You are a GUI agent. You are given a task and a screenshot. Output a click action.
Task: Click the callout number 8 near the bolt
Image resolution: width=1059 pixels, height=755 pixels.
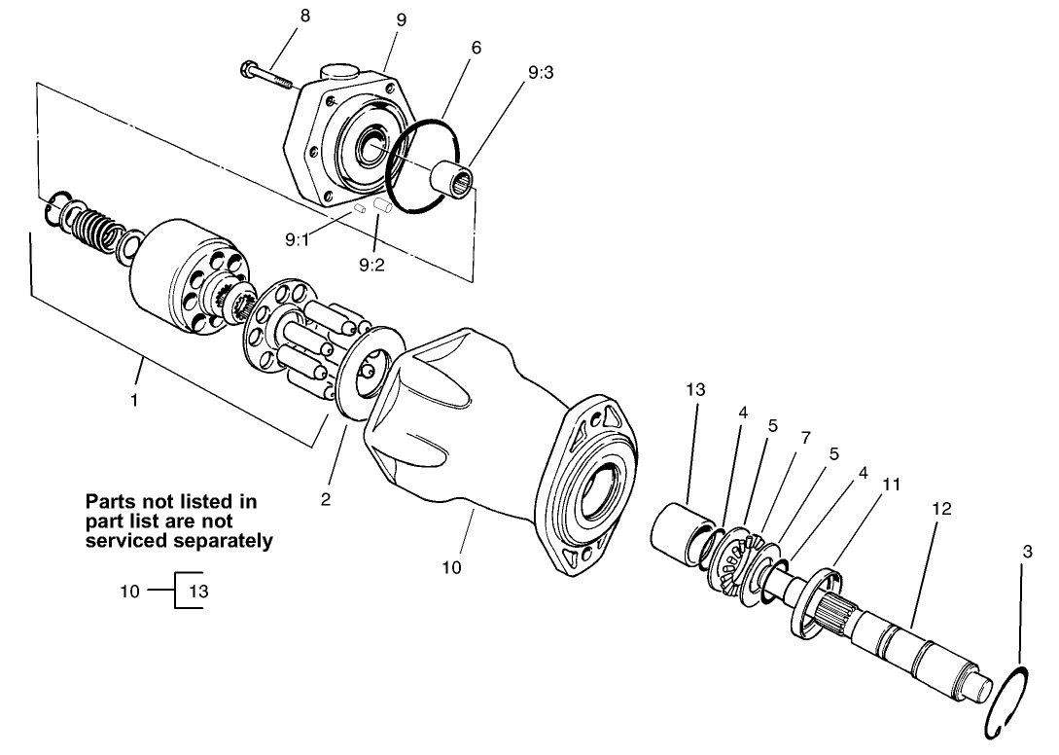pos(305,17)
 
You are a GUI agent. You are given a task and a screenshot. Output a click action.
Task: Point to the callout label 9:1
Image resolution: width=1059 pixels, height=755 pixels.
pos(298,240)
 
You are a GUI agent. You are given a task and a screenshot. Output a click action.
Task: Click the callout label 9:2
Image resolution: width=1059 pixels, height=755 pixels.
pos(371,264)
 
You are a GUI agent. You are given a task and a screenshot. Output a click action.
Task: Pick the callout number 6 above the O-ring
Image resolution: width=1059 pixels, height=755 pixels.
pos(477,47)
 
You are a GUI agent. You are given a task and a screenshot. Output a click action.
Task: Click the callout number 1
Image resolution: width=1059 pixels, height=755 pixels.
pos(135,399)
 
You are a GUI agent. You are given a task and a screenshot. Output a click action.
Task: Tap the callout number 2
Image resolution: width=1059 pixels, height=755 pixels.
pos(327,499)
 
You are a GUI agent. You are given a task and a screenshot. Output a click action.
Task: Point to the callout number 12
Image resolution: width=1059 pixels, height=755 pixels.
pos(940,509)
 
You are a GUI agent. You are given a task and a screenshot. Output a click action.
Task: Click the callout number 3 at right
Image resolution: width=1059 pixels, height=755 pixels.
pos(1027,552)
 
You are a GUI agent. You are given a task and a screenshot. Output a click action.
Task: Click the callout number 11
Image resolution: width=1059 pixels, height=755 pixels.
pos(892,484)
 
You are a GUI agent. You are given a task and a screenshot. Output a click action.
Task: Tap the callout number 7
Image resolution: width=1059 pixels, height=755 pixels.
pos(805,439)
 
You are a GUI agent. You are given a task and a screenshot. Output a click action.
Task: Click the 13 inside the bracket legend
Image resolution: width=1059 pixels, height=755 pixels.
pos(198,591)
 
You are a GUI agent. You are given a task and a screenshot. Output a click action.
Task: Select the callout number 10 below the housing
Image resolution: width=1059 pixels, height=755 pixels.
pos(451,566)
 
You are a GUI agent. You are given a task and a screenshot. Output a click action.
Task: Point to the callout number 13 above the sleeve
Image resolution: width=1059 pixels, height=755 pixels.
pos(694,389)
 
